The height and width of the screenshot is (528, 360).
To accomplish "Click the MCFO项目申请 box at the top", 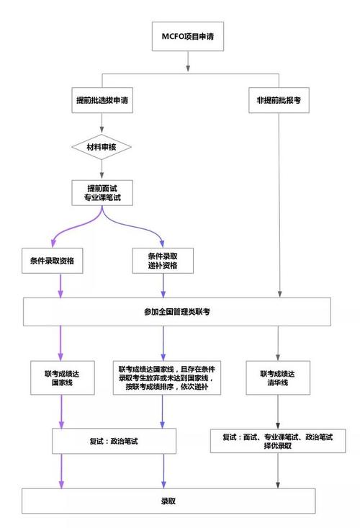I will (186, 35).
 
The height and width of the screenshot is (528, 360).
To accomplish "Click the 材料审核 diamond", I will (102, 147).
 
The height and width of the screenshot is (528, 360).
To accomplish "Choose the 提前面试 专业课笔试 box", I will (102, 191).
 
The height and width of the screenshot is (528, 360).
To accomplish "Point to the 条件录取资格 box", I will (60, 260).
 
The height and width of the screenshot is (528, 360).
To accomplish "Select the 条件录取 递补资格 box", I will (163, 260).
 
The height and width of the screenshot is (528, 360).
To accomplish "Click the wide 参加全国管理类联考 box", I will (177, 311).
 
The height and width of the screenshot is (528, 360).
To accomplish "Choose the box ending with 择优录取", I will (278, 440).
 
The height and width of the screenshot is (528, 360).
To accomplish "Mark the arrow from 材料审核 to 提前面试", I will (102, 170).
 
